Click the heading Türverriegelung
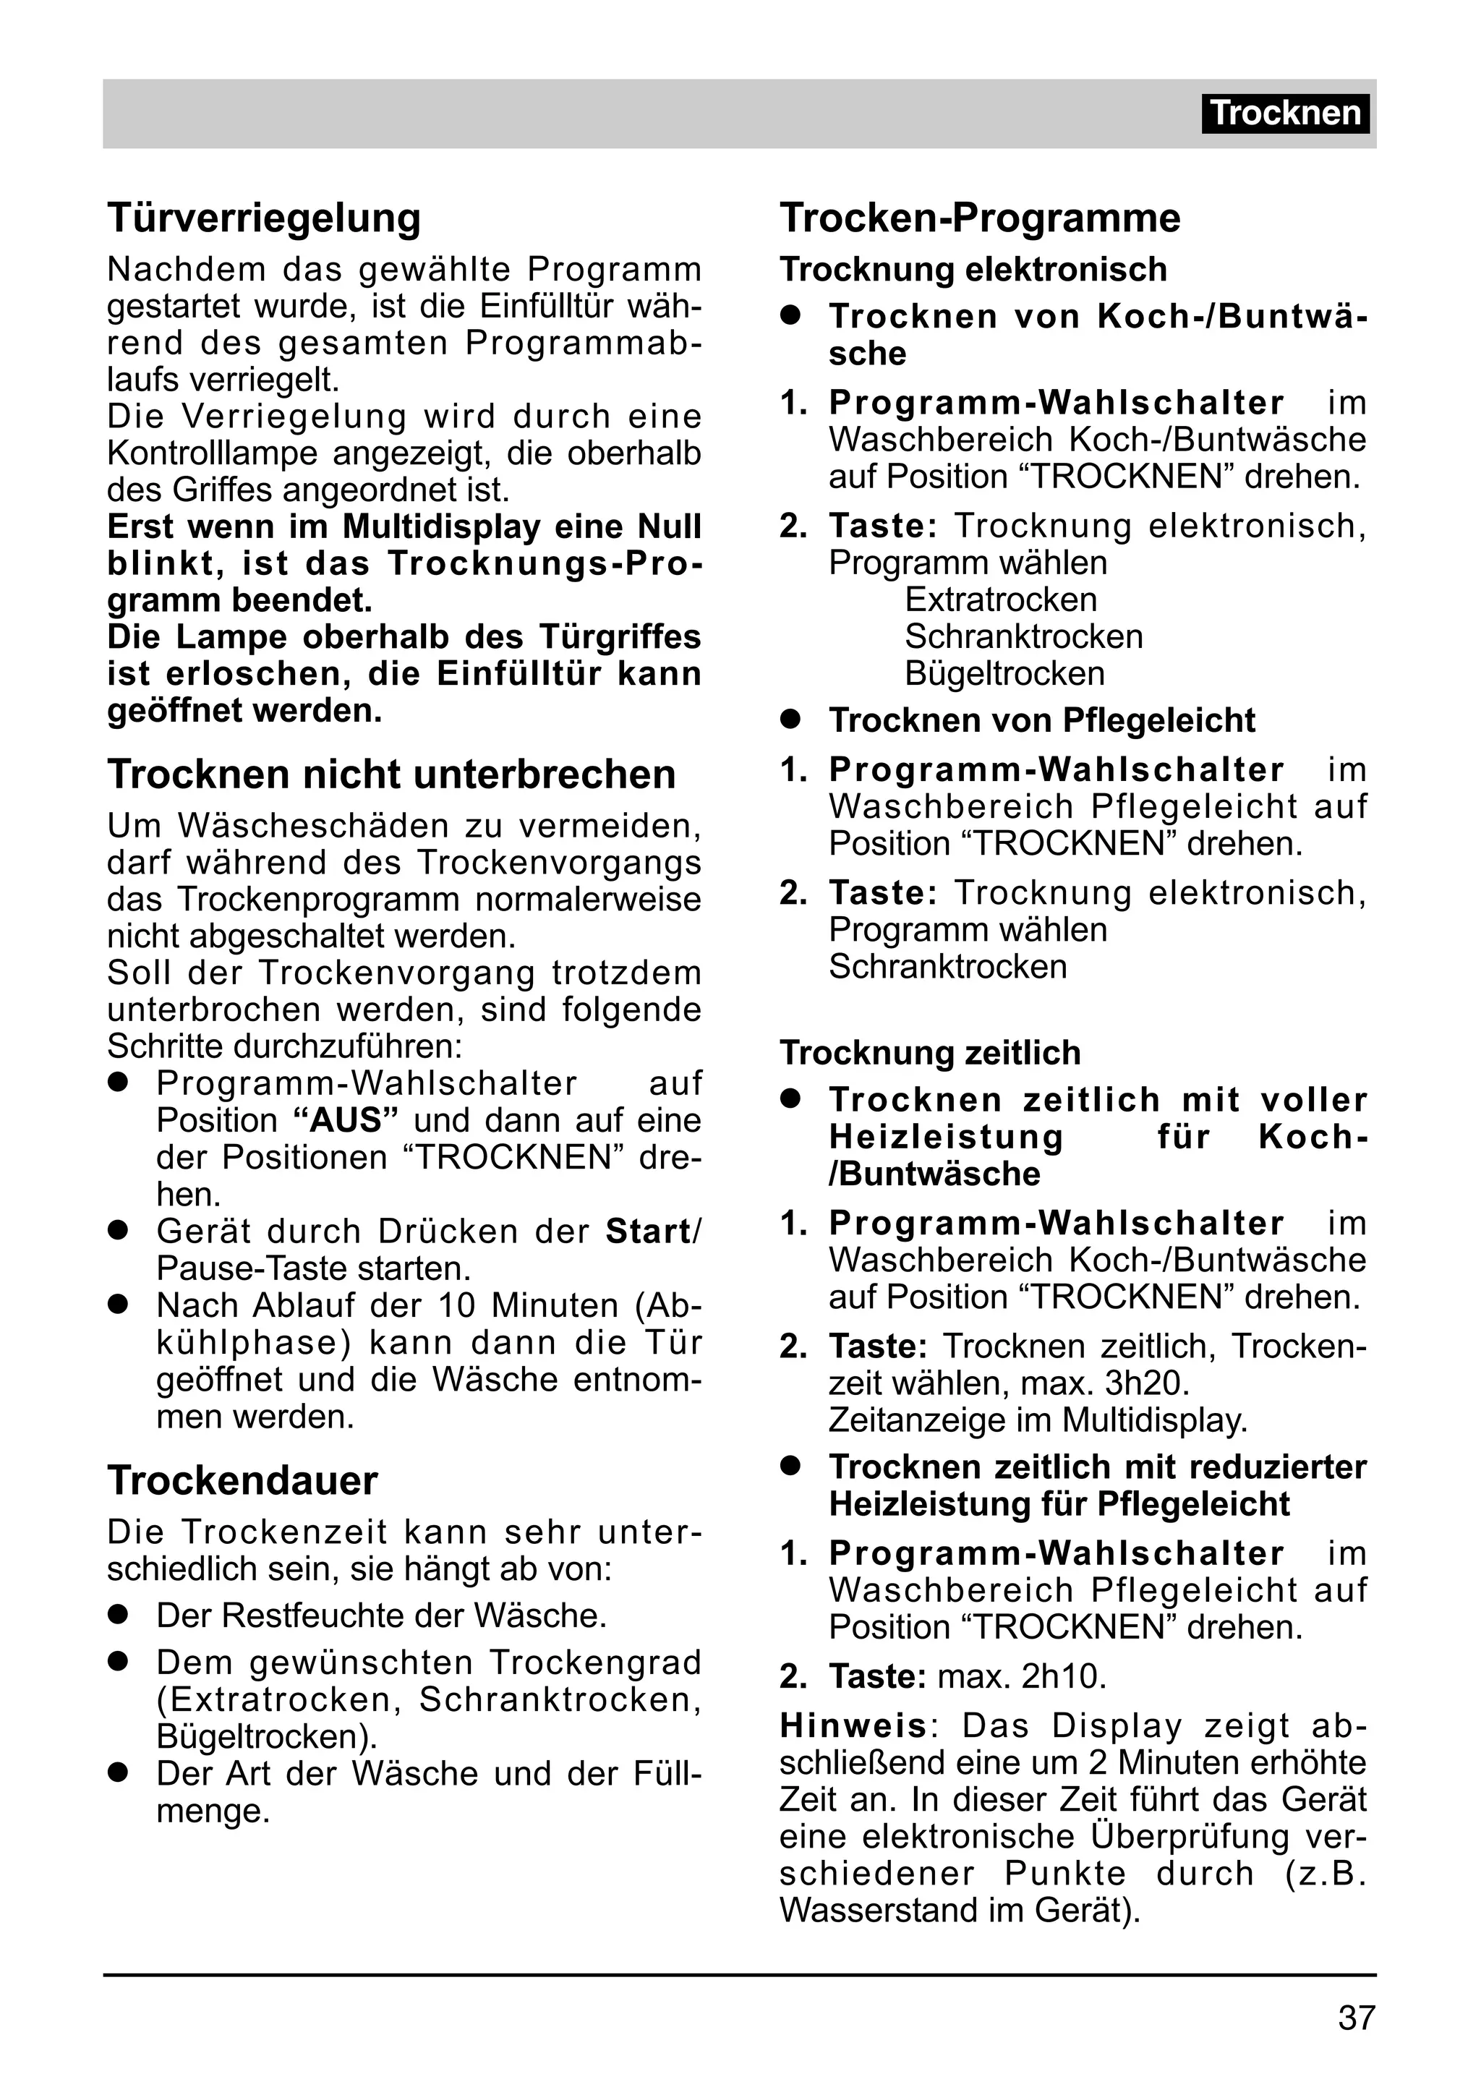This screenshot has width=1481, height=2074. pos(265,218)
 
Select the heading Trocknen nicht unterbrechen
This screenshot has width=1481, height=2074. pos(391,774)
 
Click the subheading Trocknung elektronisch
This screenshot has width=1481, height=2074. pos(973,270)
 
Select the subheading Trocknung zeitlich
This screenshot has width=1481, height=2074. pos(929,1054)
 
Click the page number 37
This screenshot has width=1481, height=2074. pos(1356,2018)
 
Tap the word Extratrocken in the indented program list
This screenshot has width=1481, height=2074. pos(1000,600)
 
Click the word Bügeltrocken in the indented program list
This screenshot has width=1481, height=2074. pos(1004,674)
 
